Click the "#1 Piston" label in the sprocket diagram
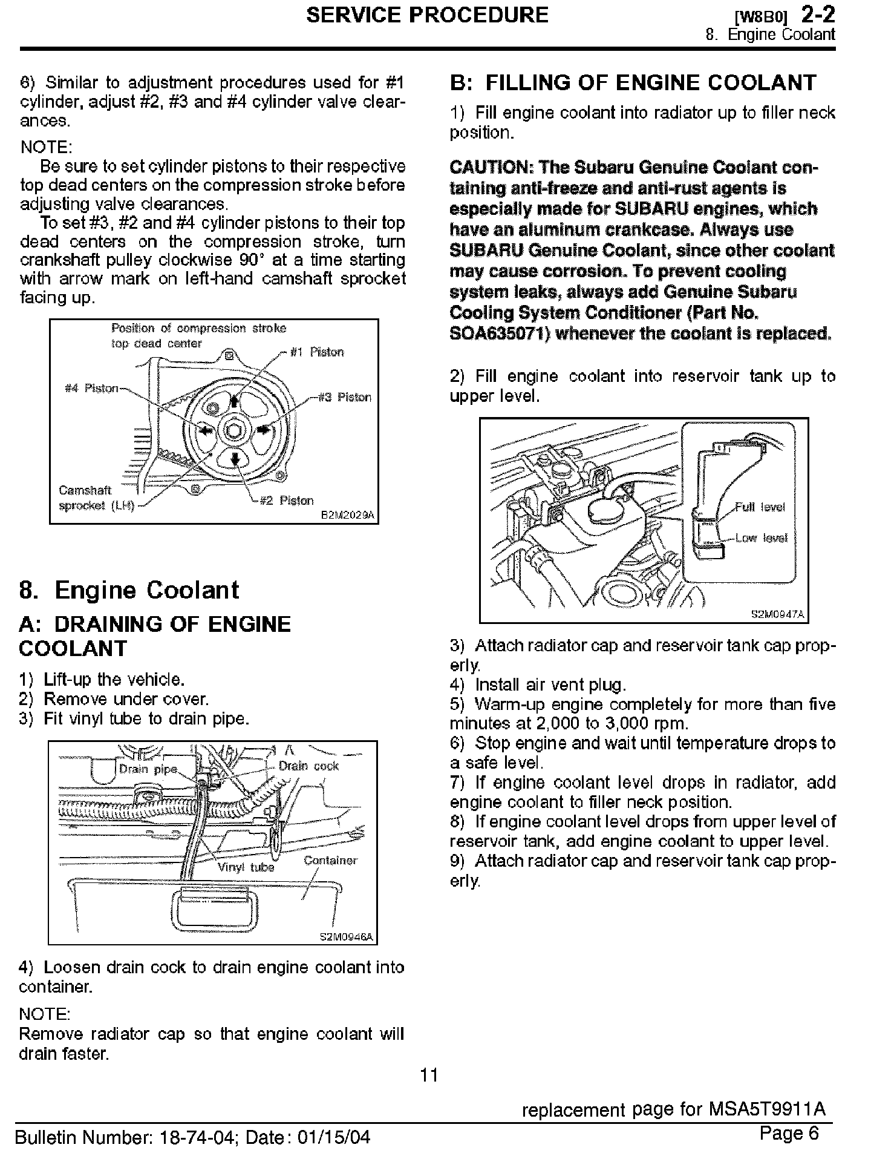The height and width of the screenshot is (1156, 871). [317, 352]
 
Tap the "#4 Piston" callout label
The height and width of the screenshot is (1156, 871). [91, 388]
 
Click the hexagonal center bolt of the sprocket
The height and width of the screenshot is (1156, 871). [235, 430]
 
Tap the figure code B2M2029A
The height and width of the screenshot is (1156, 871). [347, 516]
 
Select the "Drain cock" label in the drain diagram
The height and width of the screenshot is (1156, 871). [308, 766]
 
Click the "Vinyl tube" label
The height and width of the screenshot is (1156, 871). [246, 867]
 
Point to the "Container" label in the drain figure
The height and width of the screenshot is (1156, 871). [330, 860]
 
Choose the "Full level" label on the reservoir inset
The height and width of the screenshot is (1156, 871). [760, 507]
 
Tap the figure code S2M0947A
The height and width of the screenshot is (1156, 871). [777, 614]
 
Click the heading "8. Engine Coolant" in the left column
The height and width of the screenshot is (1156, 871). [129, 590]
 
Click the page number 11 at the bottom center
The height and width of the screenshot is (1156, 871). [429, 1075]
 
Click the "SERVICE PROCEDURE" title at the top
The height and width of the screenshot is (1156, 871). [427, 15]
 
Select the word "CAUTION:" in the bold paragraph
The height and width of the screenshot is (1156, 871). [491, 167]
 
